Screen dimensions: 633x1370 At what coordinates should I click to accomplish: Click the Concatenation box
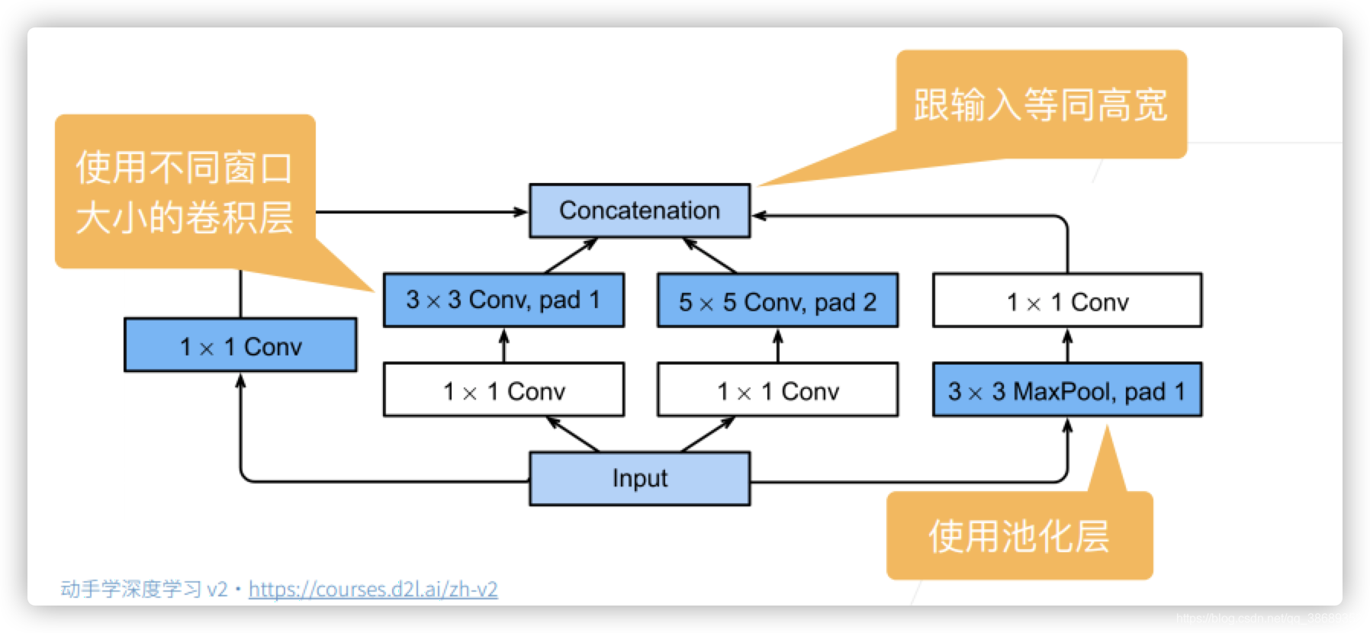[x=639, y=210]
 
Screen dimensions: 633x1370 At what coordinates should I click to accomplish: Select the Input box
[x=639, y=478]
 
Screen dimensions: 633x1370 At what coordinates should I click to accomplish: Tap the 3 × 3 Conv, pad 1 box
[x=503, y=300]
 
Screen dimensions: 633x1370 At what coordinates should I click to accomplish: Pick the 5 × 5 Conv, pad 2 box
[x=777, y=301]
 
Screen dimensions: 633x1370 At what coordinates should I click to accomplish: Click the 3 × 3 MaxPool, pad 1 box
[x=1066, y=390]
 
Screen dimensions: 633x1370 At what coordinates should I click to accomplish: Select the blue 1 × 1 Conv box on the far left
[x=240, y=345]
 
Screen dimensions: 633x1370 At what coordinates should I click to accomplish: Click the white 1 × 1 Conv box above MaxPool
[x=1066, y=301]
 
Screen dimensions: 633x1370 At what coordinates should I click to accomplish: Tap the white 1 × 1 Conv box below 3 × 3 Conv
[x=503, y=390]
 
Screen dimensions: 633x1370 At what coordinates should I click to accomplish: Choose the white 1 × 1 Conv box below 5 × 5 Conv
[x=777, y=390]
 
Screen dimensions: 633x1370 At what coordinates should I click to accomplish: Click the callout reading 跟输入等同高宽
[x=1040, y=104]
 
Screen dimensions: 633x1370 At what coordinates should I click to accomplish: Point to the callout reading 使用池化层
[x=1018, y=535]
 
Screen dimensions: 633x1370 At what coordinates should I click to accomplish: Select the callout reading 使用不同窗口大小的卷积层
[x=185, y=191]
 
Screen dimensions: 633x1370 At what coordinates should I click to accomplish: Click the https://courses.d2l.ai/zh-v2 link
[x=373, y=589]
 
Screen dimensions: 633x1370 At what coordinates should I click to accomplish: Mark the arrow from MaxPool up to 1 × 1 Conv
[x=1067, y=345]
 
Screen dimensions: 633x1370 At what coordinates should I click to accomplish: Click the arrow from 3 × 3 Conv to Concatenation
[x=571, y=255]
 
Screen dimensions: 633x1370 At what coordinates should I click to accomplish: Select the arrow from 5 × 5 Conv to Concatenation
[x=709, y=255]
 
